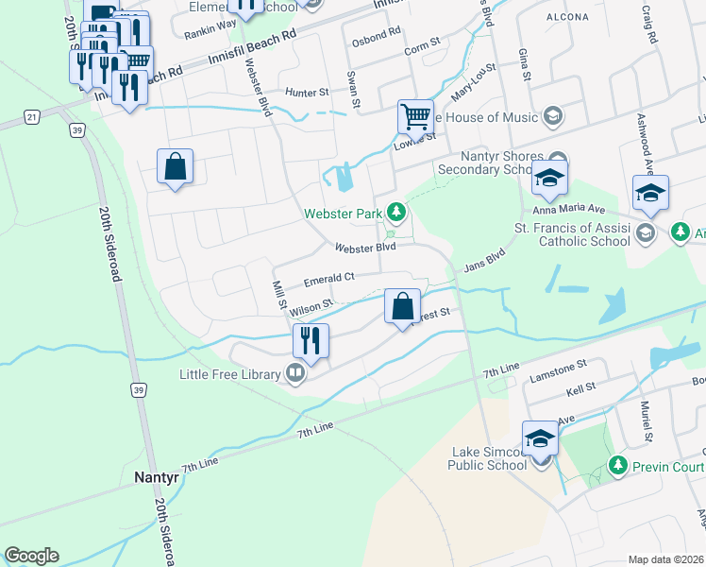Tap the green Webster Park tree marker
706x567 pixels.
pos(399,213)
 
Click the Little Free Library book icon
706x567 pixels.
pos(296,374)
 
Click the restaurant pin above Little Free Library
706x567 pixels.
pos(311,340)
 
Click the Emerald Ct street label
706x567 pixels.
pos(328,279)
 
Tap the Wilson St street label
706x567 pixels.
pos(312,307)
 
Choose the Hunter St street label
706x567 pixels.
pos(307,93)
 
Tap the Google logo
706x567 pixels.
pos(31,556)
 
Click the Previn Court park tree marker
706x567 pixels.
pos(617,465)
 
